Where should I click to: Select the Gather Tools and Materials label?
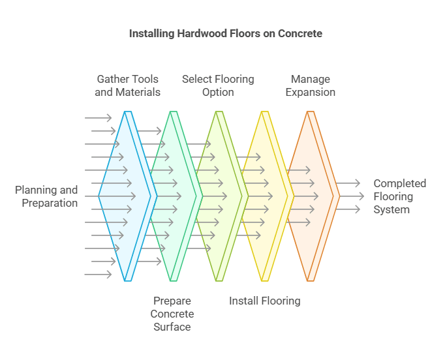127,85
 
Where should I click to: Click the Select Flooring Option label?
218,85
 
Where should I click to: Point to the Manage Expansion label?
311,85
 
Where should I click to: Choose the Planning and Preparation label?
46,196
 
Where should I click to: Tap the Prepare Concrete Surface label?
172,314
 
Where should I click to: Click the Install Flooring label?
264,301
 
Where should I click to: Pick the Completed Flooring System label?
399,196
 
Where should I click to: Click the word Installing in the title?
152,33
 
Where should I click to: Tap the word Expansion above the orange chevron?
311,92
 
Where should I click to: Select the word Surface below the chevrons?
172,327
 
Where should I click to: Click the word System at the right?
391,209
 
